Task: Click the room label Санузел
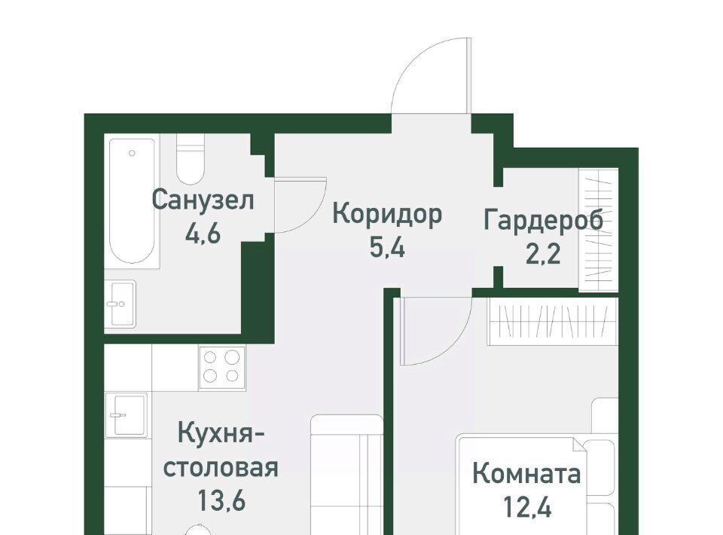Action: (x=203, y=200)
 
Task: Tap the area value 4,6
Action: (x=203, y=234)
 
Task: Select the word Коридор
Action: (x=387, y=216)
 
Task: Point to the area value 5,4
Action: (x=387, y=248)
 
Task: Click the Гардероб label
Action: (x=543, y=221)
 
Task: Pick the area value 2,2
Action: (x=543, y=254)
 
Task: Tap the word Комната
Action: (x=526, y=474)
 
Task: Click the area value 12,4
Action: (x=527, y=507)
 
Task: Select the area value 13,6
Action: (x=221, y=500)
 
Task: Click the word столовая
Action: (x=221, y=468)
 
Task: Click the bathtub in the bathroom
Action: (x=132, y=201)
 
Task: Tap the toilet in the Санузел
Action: (x=190, y=160)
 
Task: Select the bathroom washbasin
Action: (x=120, y=304)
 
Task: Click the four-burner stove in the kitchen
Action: (x=222, y=367)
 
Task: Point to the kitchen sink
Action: (x=126, y=415)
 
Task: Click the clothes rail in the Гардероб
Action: (x=599, y=230)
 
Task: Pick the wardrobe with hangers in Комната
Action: (x=553, y=321)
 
